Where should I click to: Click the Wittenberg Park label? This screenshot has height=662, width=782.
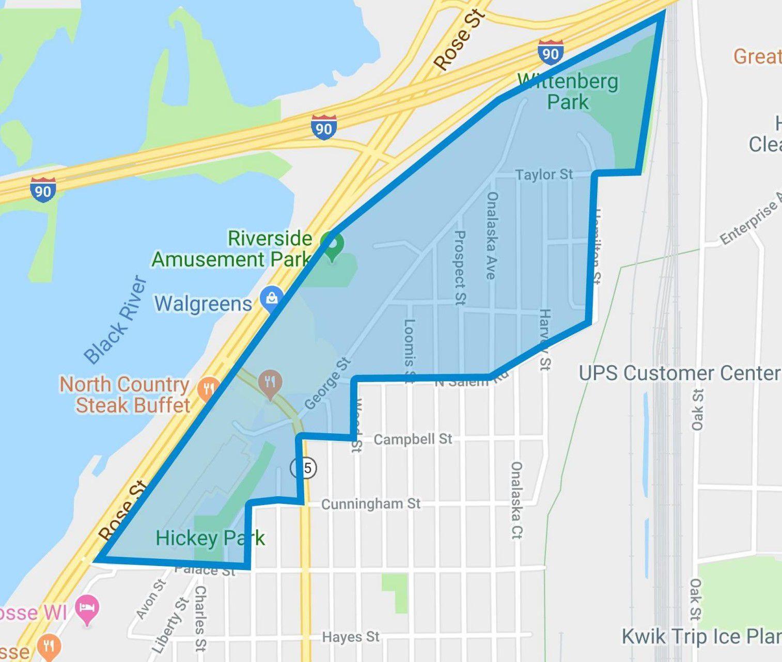coord(568,91)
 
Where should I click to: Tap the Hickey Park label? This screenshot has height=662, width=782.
coord(210,538)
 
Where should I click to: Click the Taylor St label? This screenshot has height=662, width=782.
coord(544,175)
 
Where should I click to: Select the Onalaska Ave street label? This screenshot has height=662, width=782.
coord(492,235)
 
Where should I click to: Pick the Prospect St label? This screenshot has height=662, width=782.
coord(459,267)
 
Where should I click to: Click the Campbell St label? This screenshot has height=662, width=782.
coord(412,439)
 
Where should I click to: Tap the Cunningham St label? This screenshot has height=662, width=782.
coord(371,503)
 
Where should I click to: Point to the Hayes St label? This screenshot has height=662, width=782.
coord(351,637)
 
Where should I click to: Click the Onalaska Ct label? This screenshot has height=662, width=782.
coord(517,500)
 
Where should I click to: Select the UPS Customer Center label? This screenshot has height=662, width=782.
coord(679,373)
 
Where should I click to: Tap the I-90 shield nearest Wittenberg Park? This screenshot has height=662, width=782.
coord(550,53)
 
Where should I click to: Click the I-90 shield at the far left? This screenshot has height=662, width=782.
coord(43,190)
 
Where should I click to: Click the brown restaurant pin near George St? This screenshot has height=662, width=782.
coord(270,384)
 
